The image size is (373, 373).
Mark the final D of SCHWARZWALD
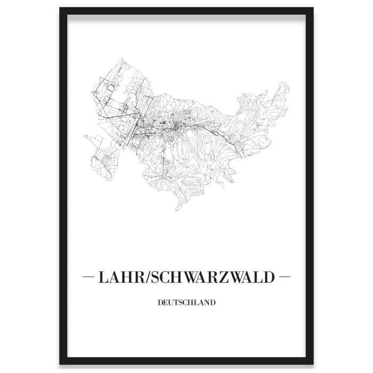click(271, 278)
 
